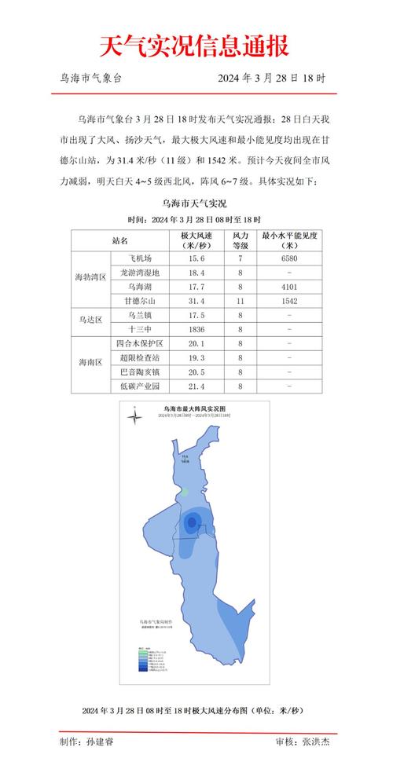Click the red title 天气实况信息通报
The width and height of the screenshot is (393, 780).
(x=194, y=46)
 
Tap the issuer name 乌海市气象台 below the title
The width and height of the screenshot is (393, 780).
(x=90, y=79)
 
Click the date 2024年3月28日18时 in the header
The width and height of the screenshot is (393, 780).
(x=272, y=79)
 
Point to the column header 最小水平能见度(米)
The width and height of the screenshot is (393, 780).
(x=290, y=240)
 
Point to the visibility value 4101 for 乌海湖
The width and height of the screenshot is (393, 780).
(x=290, y=287)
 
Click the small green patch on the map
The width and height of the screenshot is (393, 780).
(x=185, y=492)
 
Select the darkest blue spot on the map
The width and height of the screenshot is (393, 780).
(x=191, y=524)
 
